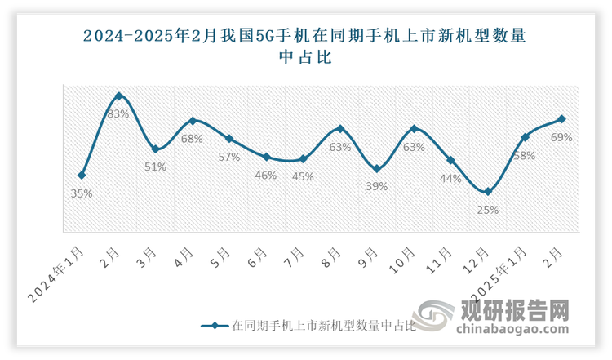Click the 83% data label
[x=118, y=114]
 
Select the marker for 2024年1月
[x=82, y=175]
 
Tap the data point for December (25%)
[x=488, y=192]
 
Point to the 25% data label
[x=488, y=210]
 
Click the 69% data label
[x=561, y=137]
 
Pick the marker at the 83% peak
[x=118, y=96]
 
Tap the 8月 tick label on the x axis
[x=331, y=260]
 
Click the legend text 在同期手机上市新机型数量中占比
[x=324, y=327]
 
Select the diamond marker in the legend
[x=213, y=327]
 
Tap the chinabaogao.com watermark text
[x=513, y=331]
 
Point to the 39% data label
[x=377, y=186]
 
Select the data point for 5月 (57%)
[x=229, y=139]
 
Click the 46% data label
[x=266, y=175]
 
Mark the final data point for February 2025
[x=561, y=119]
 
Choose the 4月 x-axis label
[x=184, y=260]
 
